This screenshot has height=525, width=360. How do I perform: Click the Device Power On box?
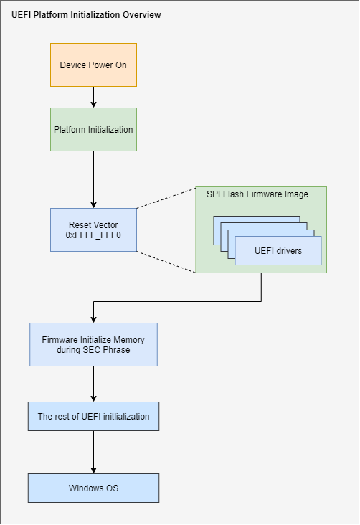pyautogui.click(x=93, y=65)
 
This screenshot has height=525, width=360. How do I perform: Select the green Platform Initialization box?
pyautogui.click(x=93, y=129)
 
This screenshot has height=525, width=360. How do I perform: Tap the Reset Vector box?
pyautogui.click(x=93, y=230)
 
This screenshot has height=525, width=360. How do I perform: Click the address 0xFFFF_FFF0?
pyautogui.click(x=93, y=235)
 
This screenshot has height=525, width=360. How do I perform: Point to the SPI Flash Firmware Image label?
pyautogui.click(x=257, y=194)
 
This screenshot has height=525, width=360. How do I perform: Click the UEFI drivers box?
pyautogui.click(x=278, y=250)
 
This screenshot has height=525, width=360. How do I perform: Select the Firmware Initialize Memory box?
pyautogui.click(x=93, y=344)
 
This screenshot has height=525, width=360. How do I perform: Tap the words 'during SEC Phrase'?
pyautogui.click(x=93, y=350)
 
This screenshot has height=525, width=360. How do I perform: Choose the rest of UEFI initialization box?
pyautogui.click(x=93, y=416)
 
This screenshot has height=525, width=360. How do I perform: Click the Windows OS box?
pyautogui.click(x=93, y=488)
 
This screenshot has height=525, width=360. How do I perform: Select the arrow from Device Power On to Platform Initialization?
pyautogui.click(x=93, y=97)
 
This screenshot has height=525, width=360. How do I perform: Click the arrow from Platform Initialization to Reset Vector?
pyautogui.click(x=93, y=179)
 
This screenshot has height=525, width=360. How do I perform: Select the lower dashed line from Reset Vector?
pyautogui.click(x=166, y=262)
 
